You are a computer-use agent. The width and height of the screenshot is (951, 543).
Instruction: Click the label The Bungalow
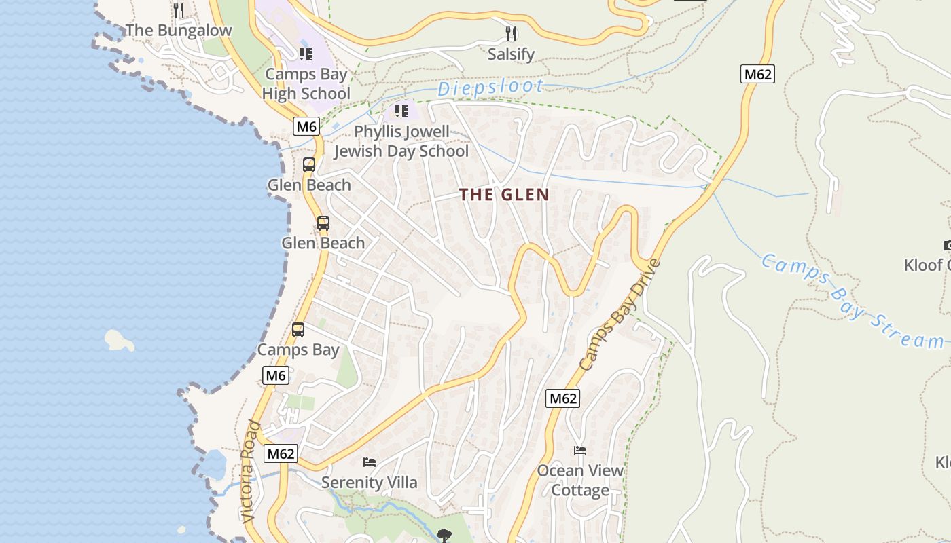click(179, 31)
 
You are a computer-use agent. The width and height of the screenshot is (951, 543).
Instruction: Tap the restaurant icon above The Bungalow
click(179, 10)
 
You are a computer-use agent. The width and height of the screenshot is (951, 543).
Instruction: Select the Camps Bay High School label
click(306, 84)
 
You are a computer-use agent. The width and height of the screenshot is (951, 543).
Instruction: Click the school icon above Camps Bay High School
click(306, 54)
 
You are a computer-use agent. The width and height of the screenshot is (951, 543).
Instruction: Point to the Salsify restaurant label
click(511, 54)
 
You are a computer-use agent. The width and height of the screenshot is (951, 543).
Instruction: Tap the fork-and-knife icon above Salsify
click(511, 33)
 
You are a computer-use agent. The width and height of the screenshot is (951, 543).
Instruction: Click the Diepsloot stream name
click(490, 88)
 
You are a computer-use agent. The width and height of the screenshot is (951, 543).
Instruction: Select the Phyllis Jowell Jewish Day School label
click(401, 141)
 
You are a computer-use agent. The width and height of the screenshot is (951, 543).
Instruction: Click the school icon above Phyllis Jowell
click(401, 111)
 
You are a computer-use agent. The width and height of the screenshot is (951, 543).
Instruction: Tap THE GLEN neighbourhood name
click(504, 195)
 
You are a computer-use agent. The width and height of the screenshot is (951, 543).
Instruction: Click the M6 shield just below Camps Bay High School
click(306, 126)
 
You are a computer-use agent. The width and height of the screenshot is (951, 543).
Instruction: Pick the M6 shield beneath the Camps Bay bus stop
click(275, 375)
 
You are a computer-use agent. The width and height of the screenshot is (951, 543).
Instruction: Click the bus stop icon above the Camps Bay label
click(298, 330)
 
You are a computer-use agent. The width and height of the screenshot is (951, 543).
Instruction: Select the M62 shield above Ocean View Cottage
click(562, 398)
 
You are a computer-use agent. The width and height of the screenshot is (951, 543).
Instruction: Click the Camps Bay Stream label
click(853, 301)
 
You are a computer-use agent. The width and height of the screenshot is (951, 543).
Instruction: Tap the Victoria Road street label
click(251, 472)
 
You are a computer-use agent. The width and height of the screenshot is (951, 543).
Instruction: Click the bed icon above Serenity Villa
click(370, 462)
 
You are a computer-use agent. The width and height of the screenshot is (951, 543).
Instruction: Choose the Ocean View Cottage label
click(580, 480)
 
